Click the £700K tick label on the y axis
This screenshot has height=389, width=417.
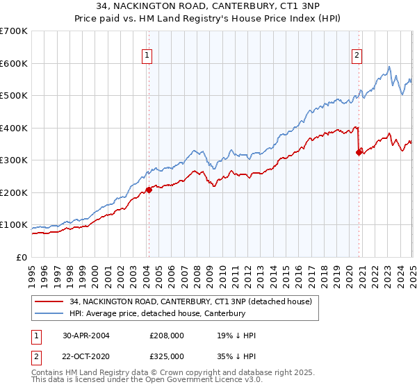pos(14,31)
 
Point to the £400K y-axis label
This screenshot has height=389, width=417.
pos(14,128)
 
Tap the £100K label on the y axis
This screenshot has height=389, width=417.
pos(14,225)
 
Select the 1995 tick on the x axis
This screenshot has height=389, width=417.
pos(32,270)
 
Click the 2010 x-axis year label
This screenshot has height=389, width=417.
pos(222,270)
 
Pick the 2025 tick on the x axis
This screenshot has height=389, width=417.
pos(412,270)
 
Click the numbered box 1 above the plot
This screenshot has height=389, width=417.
pos(148,57)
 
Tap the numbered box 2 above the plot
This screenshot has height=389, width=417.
pos(357,57)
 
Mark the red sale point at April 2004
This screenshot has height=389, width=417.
pos(148,190)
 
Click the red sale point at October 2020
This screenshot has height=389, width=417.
pos(359,153)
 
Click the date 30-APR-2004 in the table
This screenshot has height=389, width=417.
pos(85,336)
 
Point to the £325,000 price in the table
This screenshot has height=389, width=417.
pos(167,356)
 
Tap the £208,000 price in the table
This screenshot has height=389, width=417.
pos(167,336)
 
